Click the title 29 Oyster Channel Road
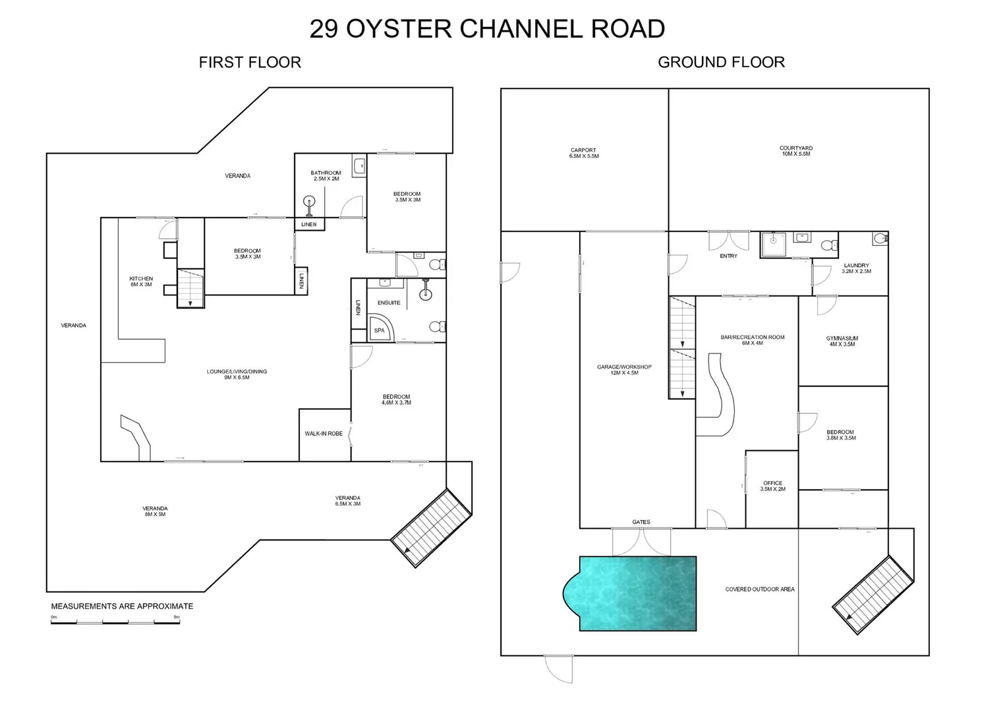487,29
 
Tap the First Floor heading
250,63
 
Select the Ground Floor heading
721,63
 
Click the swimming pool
637,593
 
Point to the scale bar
115,622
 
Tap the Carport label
584,153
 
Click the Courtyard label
796,151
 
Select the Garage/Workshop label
624,370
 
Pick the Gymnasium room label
842,341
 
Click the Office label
772,486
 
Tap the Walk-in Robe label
324,434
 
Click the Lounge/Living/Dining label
237,374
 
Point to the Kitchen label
141,282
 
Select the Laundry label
856,268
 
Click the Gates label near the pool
641,522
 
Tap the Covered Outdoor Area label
759,589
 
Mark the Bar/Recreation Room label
752,340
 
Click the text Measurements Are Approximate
122,607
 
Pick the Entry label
728,256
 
